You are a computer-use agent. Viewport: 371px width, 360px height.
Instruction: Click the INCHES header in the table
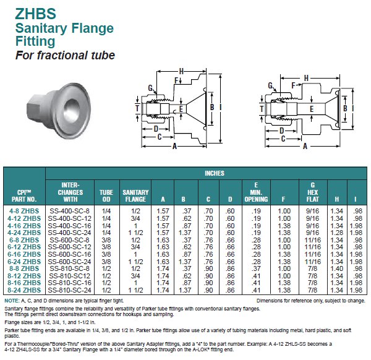(214, 173)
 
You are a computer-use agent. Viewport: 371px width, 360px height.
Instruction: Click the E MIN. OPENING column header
(256, 192)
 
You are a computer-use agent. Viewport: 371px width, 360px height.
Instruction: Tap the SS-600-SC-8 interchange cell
(69, 240)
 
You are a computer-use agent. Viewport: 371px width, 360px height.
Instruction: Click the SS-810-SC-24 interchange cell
(69, 289)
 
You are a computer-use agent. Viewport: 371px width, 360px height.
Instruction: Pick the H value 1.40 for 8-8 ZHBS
(336, 268)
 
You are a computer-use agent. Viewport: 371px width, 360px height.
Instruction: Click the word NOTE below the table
(12, 300)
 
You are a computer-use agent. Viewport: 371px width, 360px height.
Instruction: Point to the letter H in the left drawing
(181, 69)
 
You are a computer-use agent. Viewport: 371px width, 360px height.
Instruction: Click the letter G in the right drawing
(270, 85)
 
